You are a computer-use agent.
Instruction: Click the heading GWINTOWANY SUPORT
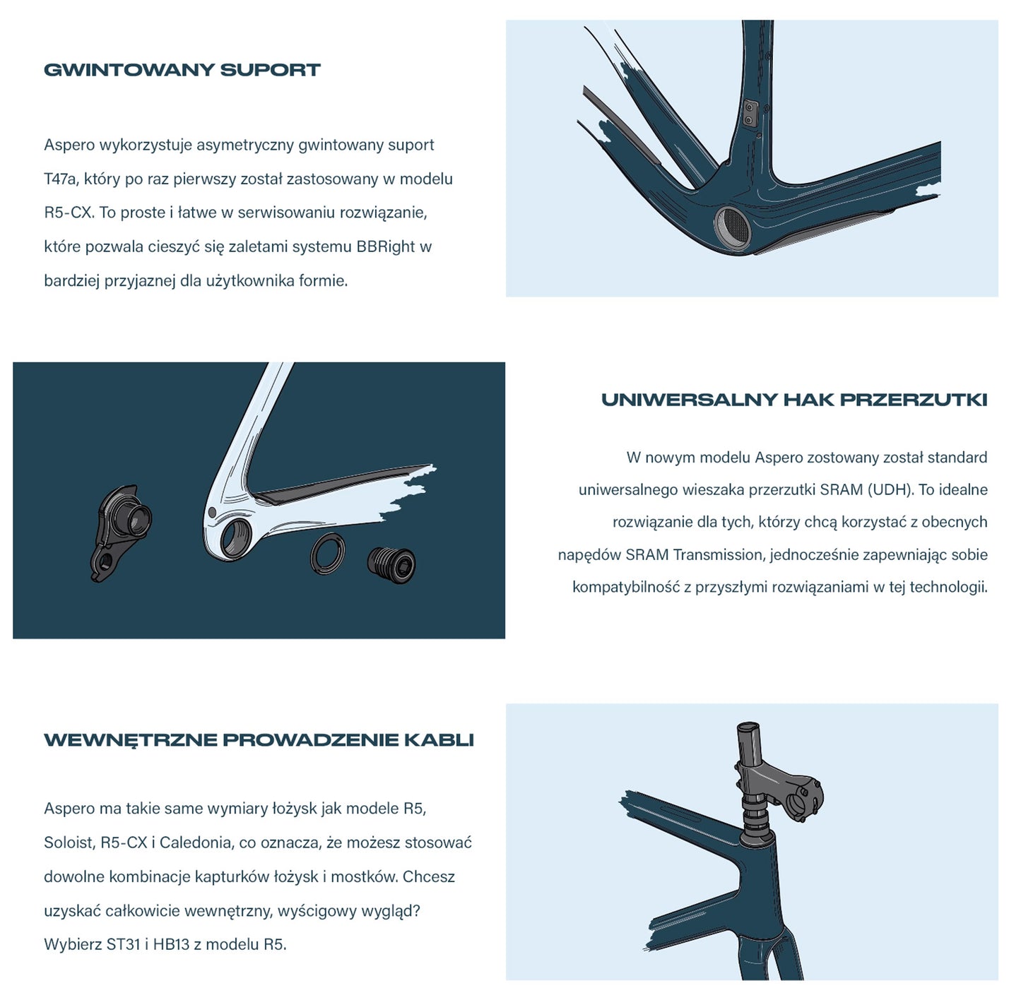182,70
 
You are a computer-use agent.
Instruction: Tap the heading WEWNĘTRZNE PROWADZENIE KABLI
259,740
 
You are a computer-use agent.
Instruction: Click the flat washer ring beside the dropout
327,554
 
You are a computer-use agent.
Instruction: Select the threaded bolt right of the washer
391,566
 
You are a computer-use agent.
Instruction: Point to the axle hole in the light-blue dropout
235,538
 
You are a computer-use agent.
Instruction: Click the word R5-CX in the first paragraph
69,213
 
